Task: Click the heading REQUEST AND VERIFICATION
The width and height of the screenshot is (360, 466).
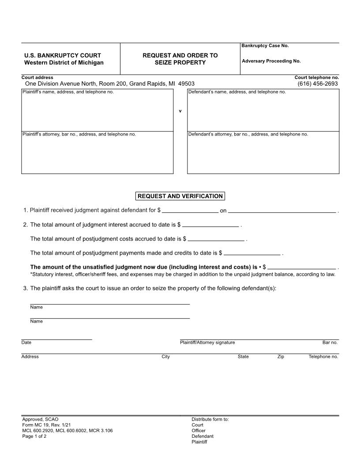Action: click(180, 196)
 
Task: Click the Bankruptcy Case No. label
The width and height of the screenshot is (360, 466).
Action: click(265, 46)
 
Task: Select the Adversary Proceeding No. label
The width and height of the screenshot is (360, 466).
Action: click(271, 61)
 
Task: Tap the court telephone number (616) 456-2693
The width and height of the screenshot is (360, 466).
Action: click(317, 83)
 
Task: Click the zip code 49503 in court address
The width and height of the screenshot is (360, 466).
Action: click(186, 83)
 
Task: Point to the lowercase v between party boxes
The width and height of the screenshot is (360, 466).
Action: click(180, 111)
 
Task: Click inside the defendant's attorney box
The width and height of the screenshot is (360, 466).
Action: click(263, 154)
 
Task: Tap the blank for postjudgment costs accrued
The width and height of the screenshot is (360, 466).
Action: click(216, 239)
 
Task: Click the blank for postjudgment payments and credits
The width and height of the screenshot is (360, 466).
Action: click(252, 253)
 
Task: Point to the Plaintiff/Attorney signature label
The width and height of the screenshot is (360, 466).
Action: click(207, 342)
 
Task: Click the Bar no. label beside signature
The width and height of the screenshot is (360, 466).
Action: click(330, 342)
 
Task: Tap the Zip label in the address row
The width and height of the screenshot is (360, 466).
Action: click(281, 357)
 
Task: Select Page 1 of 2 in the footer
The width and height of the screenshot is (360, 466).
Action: click(34, 436)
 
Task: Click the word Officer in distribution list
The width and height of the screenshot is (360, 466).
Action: click(199, 431)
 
